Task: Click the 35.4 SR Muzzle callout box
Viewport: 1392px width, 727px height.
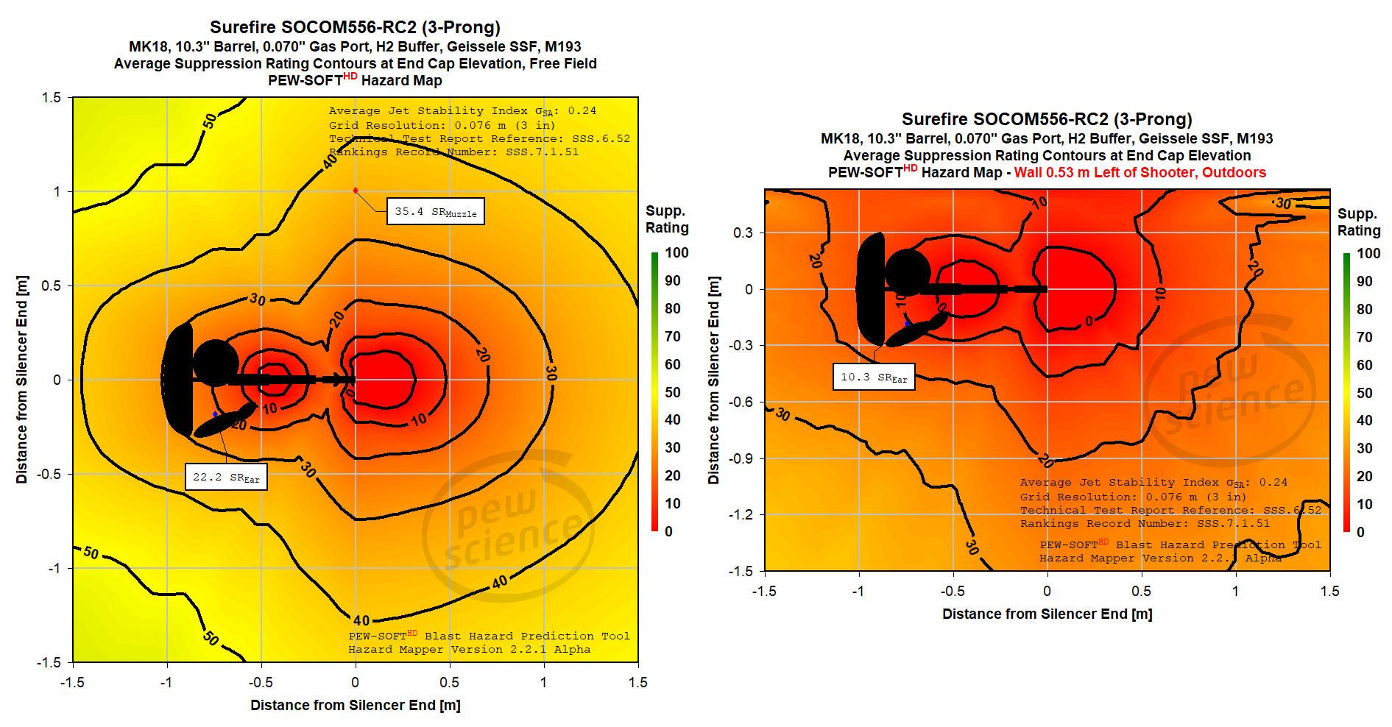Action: coord(435,211)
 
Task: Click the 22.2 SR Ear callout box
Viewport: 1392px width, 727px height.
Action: coord(226,477)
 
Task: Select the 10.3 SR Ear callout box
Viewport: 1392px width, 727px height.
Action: coord(874,377)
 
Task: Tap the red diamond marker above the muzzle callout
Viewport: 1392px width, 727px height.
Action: coord(356,191)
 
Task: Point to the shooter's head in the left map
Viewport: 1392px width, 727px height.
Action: coord(216,363)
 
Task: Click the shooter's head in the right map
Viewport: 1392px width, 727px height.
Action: coord(907,272)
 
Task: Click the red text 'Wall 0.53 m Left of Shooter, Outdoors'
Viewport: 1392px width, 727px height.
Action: coord(1140,172)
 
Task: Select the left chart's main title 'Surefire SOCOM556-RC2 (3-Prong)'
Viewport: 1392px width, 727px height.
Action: coord(355,27)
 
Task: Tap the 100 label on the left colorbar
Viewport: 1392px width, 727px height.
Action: coord(676,252)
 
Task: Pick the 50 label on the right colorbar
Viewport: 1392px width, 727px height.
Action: coord(1364,393)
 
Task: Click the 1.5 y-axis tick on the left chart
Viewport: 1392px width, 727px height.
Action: coord(52,97)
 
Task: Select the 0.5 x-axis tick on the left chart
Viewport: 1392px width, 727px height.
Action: coord(449,682)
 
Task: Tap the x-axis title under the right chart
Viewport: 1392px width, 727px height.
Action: coord(1047,614)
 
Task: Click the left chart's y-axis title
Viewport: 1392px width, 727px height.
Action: coord(22,379)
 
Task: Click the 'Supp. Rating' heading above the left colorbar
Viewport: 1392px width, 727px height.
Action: coord(666,219)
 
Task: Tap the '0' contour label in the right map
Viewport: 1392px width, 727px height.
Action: coord(1089,321)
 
